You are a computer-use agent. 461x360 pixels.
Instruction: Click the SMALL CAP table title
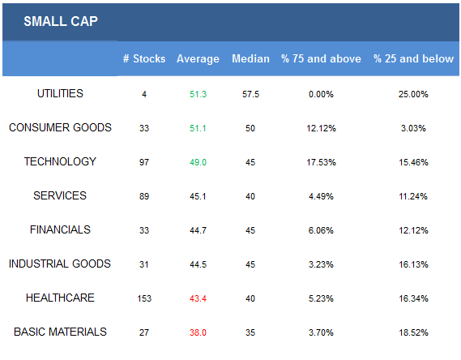[61, 21]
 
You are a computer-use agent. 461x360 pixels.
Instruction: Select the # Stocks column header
[144, 58]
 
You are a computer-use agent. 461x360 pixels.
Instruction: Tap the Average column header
[198, 59]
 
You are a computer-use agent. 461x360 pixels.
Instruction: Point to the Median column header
[250, 58]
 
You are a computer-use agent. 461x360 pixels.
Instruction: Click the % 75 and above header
[321, 58]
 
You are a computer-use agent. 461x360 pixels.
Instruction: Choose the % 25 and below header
[413, 58]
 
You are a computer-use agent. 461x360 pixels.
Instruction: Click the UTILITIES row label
[60, 93]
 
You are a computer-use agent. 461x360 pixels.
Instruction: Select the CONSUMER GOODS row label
[60, 127]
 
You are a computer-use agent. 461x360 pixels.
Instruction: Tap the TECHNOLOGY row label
[60, 161]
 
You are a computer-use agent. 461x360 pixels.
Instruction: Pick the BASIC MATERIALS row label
[60, 332]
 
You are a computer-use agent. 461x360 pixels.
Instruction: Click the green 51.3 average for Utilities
[198, 94]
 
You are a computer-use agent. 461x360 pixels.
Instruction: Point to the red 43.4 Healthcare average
[198, 298]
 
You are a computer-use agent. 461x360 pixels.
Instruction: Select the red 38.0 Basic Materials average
[198, 332]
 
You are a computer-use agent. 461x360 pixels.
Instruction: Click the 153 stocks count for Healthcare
[144, 298]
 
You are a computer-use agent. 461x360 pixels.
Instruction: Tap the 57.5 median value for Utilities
[250, 94]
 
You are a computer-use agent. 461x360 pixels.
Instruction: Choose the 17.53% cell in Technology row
[321, 162]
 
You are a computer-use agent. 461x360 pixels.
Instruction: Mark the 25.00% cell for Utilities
[413, 94]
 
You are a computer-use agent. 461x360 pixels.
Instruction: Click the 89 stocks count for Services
[144, 196]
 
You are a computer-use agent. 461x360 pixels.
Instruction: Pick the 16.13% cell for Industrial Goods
[413, 264]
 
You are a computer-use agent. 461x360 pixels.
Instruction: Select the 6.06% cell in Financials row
[321, 230]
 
